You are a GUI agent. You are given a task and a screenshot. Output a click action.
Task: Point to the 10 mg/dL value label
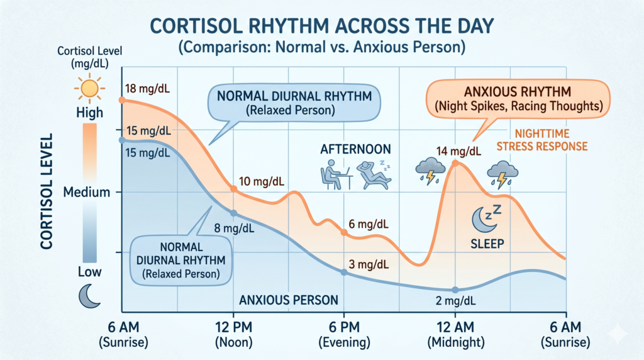[262, 182]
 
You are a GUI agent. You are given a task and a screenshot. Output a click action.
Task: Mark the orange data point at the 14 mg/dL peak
[456, 163]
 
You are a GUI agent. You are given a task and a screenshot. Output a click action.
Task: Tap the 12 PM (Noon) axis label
[234, 337]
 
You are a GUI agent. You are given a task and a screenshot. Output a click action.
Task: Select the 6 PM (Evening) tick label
[344, 337]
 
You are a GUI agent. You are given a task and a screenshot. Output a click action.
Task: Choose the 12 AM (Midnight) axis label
[455, 337]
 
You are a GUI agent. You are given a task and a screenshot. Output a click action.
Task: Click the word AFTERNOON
[355, 149]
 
